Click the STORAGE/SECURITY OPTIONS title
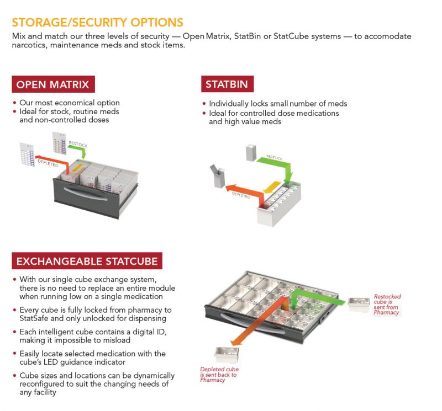tap(97, 23)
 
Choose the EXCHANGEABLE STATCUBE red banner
tap(87, 261)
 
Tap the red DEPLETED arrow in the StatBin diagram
tap(243, 192)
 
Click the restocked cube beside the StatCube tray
tap(359, 304)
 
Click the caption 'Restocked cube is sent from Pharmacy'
tap(387, 305)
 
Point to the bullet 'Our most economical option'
tap(70, 103)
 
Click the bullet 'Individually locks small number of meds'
tap(278, 104)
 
